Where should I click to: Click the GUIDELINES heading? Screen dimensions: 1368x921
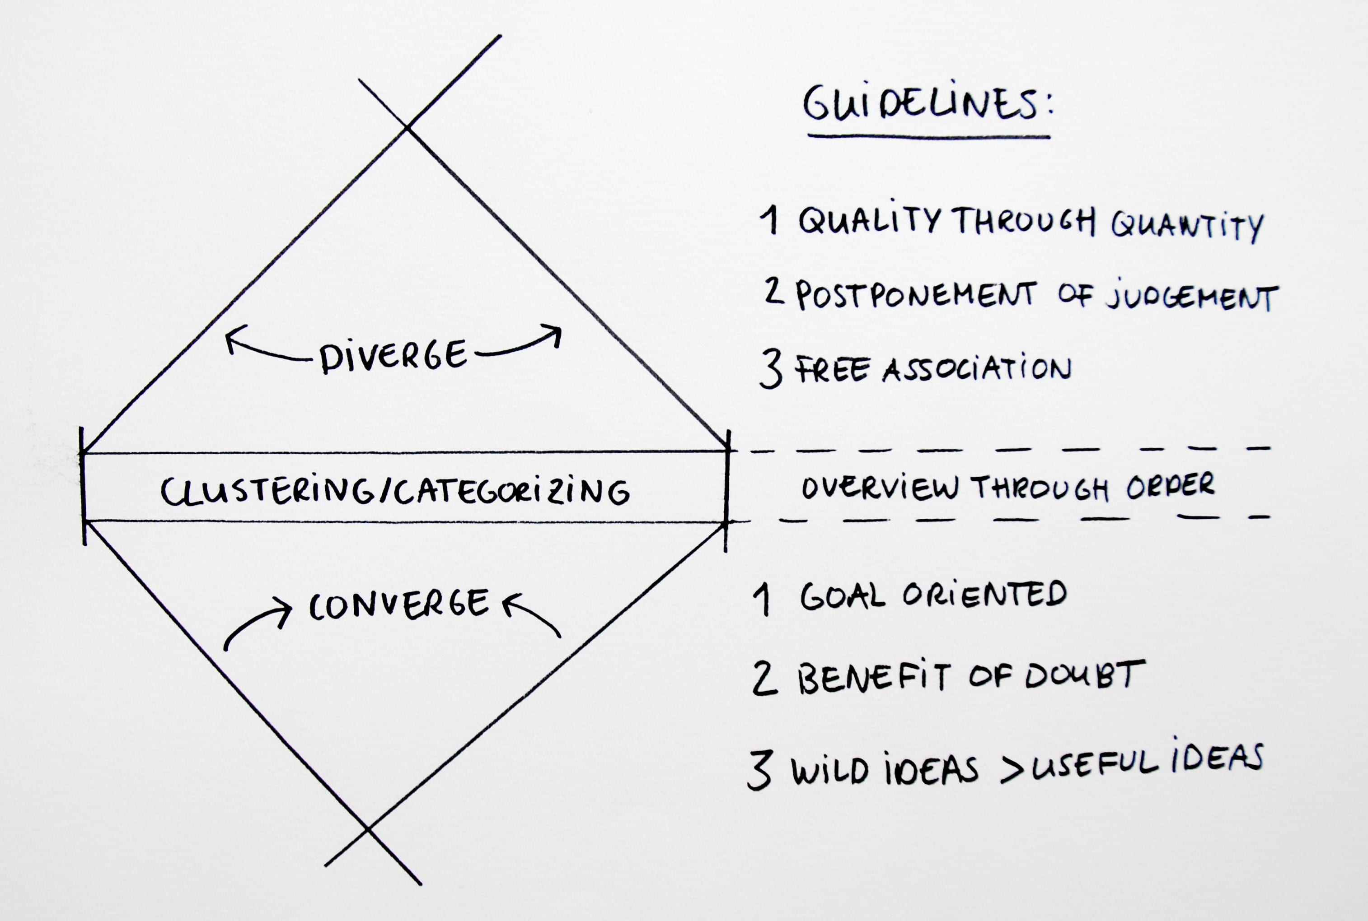928,105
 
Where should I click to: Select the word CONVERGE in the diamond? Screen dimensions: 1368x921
399,605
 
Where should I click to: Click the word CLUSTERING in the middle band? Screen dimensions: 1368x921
267,491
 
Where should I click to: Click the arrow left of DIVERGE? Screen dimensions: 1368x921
264,353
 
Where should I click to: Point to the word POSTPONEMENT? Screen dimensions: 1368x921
915,295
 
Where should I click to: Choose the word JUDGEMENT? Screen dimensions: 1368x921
1193,298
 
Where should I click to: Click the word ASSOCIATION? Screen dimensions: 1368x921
977,369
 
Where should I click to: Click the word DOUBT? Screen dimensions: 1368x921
1085,675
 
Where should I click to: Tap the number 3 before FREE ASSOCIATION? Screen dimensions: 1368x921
770,369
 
